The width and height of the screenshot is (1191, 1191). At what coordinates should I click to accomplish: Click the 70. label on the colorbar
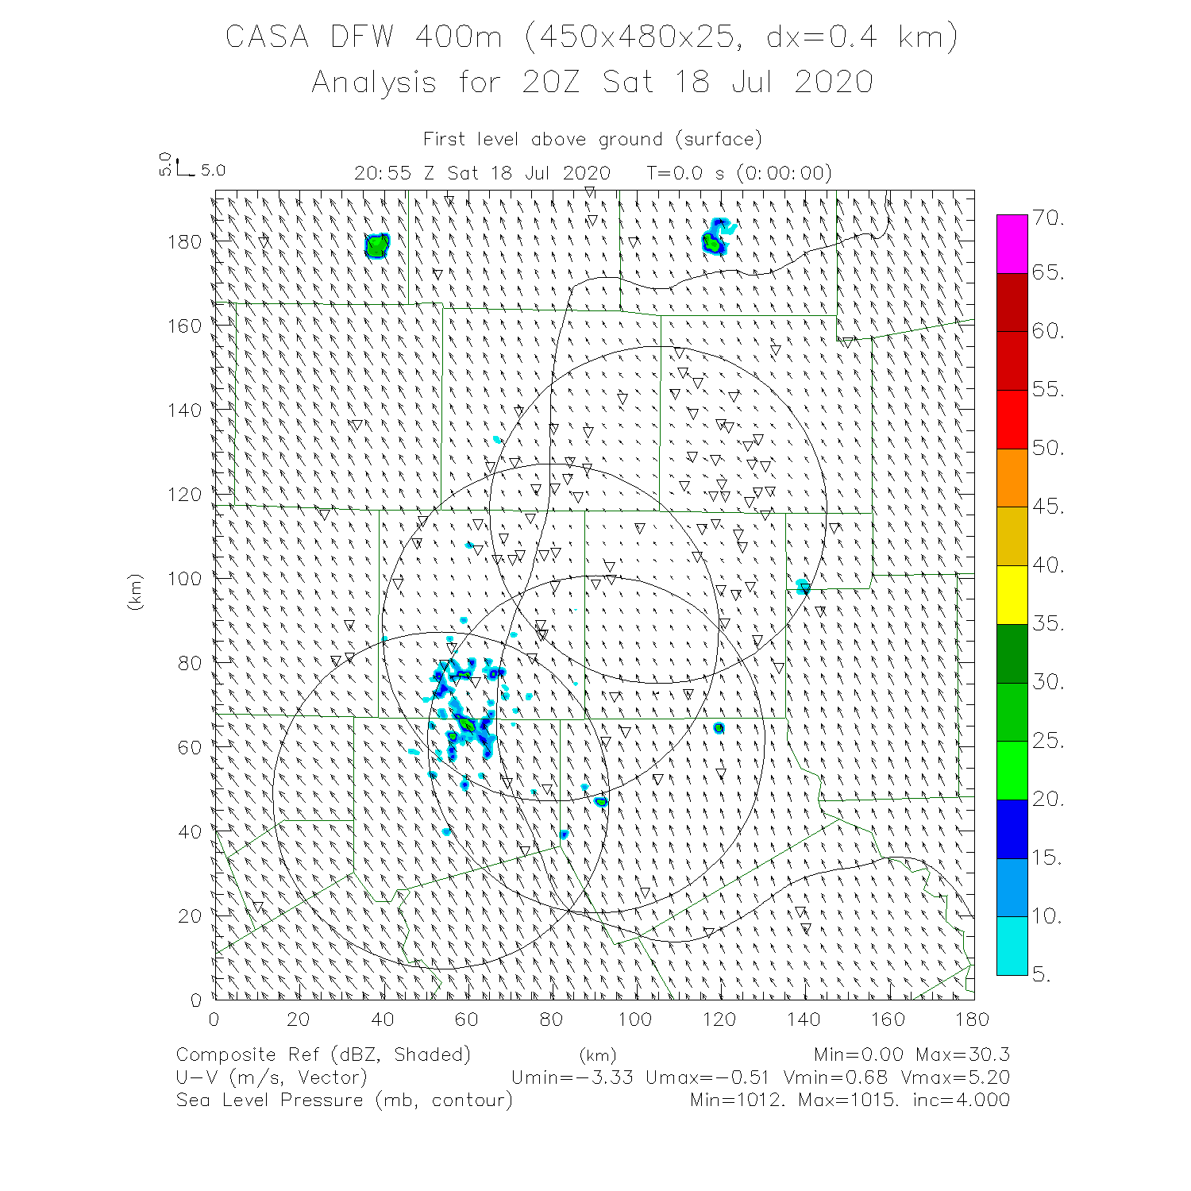click(x=1048, y=218)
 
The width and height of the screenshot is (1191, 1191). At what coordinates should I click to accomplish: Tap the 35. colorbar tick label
click(x=1048, y=623)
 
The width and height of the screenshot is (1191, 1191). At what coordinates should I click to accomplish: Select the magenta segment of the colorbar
click(x=1012, y=244)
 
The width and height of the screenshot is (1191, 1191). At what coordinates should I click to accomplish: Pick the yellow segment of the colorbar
click(x=1012, y=594)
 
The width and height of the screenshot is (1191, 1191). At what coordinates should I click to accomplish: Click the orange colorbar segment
click(x=1012, y=477)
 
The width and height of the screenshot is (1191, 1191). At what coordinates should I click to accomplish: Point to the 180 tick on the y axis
click(x=184, y=241)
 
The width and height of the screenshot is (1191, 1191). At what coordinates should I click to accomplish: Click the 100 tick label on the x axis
click(x=634, y=1019)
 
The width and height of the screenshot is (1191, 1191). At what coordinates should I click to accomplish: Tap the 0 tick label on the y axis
click(x=196, y=1000)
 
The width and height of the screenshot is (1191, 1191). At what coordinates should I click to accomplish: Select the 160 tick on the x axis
click(x=887, y=1019)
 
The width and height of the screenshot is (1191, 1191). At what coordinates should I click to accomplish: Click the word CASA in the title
click(x=267, y=37)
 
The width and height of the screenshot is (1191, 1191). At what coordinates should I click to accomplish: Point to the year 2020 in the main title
click(x=834, y=82)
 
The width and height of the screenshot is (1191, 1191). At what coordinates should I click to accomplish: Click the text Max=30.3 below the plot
click(x=962, y=1054)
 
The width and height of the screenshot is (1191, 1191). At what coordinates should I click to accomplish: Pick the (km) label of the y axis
click(x=135, y=592)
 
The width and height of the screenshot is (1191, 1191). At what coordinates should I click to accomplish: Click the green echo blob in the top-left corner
click(x=376, y=246)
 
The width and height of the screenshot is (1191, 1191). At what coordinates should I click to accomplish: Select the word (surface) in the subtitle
click(x=719, y=140)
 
